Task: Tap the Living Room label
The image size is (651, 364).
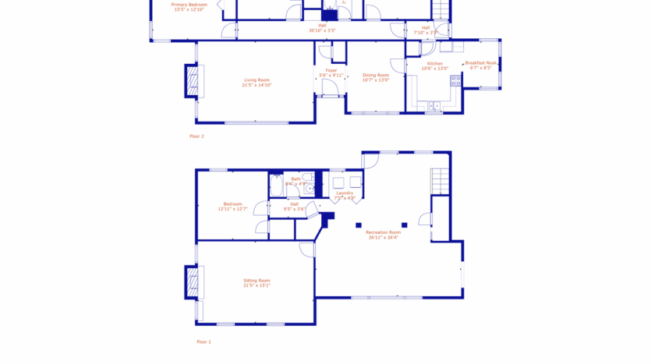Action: tap(257, 80)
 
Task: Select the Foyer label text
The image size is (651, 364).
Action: tap(331, 71)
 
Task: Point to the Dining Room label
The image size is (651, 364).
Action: tap(375, 75)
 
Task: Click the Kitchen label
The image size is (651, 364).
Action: tap(434, 64)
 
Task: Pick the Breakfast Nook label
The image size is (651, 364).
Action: tap(480, 63)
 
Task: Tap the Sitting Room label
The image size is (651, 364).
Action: tap(257, 281)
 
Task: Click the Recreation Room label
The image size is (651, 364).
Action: tap(383, 232)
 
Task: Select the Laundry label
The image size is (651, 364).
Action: tap(345, 193)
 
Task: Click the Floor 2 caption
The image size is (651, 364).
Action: tap(196, 136)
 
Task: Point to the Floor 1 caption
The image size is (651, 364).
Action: tap(203, 341)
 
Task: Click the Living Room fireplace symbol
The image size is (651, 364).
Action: tap(192, 81)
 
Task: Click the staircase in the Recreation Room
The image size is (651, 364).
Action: tap(440, 182)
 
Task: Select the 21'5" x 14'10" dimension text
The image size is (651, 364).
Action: tap(257, 85)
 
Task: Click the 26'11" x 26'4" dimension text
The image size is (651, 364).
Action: tap(383, 238)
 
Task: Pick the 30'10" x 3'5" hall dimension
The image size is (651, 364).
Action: tap(322, 30)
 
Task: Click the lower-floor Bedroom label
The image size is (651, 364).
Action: tap(232, 204)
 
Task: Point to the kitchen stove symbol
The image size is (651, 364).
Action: tap(455, 80)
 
